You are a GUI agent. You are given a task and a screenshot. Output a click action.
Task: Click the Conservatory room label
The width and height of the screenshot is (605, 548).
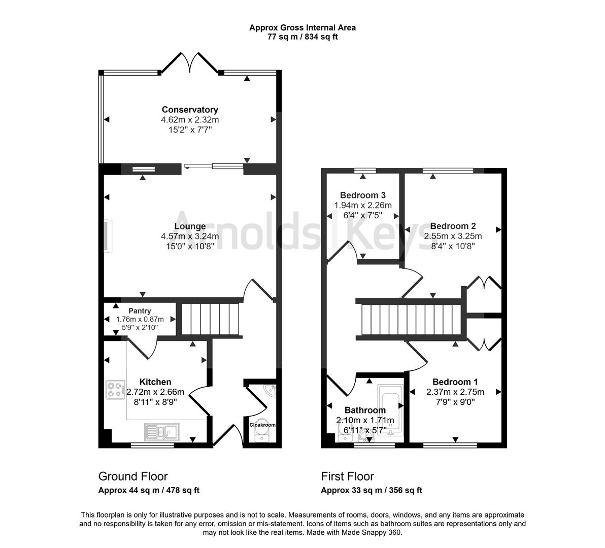[x=190, y=110]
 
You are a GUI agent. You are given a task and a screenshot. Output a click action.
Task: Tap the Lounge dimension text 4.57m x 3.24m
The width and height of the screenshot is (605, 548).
[x=190, y=236]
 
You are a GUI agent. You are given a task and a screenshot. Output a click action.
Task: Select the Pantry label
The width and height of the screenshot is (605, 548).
[x=140, y=311]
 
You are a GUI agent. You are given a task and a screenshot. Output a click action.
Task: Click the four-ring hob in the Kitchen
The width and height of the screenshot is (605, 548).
[x=116, y=390]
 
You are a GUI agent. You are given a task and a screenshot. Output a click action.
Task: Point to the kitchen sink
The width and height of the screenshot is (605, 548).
[x=162, y=431]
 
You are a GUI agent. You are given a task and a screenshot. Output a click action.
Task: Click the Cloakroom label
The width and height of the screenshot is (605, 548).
[x=262, y=425]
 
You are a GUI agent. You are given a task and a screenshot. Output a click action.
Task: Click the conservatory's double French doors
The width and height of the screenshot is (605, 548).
[x=190, y=62]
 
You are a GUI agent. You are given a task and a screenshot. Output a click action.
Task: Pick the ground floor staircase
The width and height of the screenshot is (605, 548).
[x=211, y=319]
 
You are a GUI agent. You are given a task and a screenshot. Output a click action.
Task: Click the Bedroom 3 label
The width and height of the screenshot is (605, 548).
[x=363, y=195]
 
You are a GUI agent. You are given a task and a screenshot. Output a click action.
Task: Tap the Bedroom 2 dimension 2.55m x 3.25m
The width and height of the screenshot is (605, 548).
[x=453, y=236]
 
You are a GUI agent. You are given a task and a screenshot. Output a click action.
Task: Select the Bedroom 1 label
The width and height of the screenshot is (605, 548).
[x=455, y=382]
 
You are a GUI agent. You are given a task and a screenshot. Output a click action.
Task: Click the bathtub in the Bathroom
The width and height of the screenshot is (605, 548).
[x=390, y=410]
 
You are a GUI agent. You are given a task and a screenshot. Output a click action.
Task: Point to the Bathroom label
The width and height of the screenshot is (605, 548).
[x=365, y=410]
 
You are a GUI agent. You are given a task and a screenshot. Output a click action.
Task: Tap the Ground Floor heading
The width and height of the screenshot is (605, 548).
[x=133, y=476]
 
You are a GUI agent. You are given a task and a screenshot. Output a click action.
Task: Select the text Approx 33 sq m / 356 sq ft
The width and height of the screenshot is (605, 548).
[x=372, y=491]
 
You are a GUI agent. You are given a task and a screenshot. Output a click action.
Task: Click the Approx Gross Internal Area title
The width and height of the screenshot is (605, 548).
[x=302, y=28]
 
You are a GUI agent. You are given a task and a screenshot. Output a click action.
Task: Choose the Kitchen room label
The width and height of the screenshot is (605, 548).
[x=155, y=382]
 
